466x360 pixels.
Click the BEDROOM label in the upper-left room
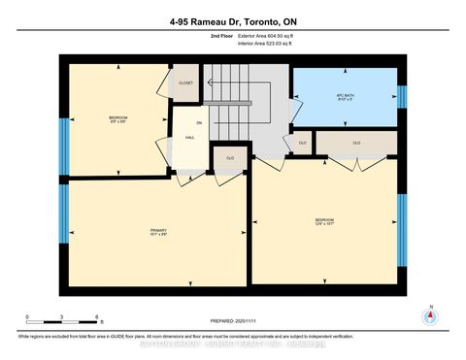click(118, 119)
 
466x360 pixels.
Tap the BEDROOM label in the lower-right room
click(325, 222)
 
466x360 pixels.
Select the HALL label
click(191, 137)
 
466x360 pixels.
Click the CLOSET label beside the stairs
click(184, 83)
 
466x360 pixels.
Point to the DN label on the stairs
click(200, 122)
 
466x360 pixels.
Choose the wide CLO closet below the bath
click(356, 143)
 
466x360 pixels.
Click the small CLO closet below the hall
click(230, 157)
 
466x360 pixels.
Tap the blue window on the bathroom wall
click(402, 97)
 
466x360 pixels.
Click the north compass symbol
click(430, 316)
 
